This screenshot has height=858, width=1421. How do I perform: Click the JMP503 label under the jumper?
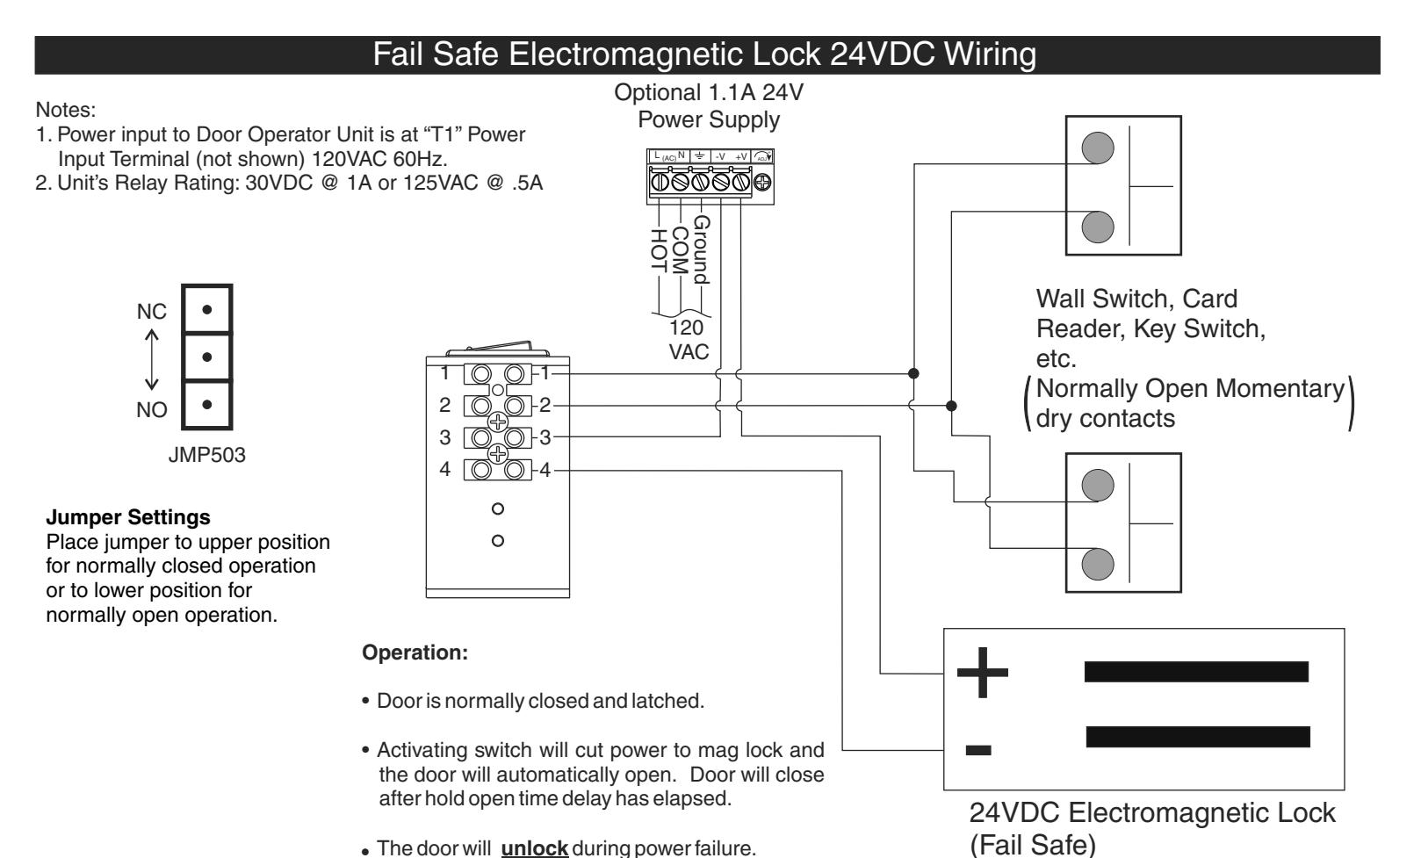point(206,455)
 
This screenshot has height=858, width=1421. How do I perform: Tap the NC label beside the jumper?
point(152,312)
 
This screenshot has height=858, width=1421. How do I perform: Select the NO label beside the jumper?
point(152,409)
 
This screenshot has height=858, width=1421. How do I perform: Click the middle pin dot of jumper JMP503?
point(206,357)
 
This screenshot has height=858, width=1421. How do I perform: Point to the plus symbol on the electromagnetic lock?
point(982,672)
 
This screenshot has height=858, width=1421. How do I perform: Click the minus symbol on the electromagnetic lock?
point(978,750)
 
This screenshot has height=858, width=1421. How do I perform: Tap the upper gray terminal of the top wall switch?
point(1098,148)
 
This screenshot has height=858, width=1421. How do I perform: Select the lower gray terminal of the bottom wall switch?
point(1098,564)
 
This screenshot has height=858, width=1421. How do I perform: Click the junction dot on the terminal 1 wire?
point(913,373)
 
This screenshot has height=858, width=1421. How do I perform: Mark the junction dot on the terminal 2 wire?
point(951,405)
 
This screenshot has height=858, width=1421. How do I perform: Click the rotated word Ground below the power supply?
point(702,250)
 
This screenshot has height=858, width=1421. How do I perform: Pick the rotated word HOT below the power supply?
point(659,250)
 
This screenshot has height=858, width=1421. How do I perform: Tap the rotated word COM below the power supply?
point(680,250)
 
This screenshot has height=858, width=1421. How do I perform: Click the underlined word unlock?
point(534,847)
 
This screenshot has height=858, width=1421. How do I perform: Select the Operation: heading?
point(415,653)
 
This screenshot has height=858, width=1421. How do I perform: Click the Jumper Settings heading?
point(128,517)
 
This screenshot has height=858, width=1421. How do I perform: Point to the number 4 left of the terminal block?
point(444,469)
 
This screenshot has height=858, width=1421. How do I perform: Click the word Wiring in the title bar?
point(991,55)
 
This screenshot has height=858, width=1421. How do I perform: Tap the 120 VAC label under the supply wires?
point(689,339)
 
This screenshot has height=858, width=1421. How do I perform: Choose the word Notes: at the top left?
point(65,110)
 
